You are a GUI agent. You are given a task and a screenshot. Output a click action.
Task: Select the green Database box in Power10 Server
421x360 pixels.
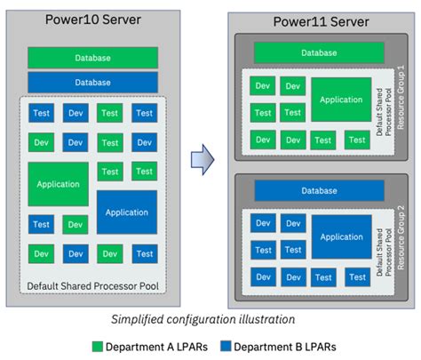[x=93, y=58]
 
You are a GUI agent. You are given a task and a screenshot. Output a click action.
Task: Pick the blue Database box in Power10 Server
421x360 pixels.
[x=93, y=82]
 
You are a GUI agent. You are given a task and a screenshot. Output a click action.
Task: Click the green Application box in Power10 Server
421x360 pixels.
[x=59, y=184]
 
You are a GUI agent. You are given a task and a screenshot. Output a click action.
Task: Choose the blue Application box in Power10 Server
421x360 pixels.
[x=126, y=212]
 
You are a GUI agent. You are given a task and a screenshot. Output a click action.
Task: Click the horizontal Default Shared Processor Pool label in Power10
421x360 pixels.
[x=93, y=285]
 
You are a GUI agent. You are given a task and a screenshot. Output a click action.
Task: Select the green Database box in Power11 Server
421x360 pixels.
[x=319, y=52]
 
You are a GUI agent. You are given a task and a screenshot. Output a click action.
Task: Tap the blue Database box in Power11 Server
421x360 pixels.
[x=319, y=190]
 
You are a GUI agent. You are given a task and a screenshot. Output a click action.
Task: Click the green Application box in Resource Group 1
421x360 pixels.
[x=341, y=100]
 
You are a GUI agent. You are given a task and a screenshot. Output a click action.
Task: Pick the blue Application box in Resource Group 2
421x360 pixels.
[x=341, y=236]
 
